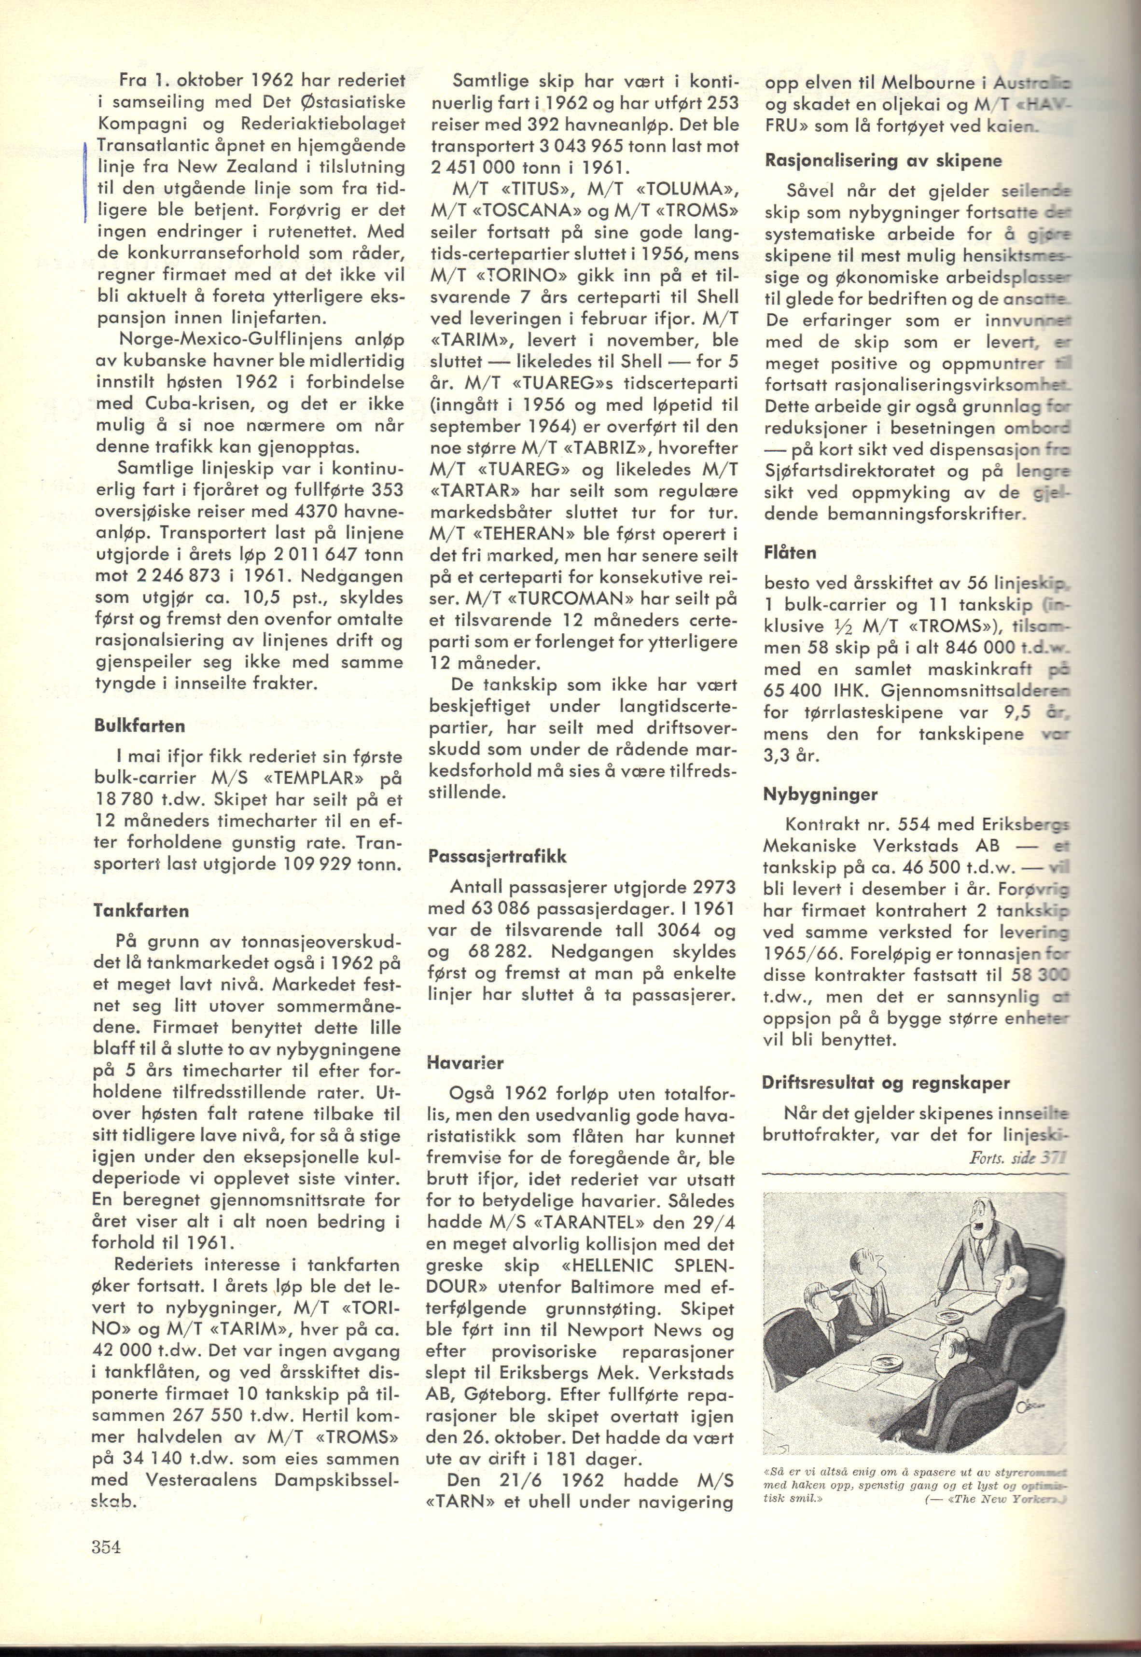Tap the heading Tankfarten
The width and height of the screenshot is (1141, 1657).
(141, 911)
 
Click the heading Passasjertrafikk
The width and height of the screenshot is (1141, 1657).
(497, 856)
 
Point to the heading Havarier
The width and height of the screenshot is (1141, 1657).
(465, 1062)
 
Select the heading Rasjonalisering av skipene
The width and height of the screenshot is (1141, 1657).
(883, 161)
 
